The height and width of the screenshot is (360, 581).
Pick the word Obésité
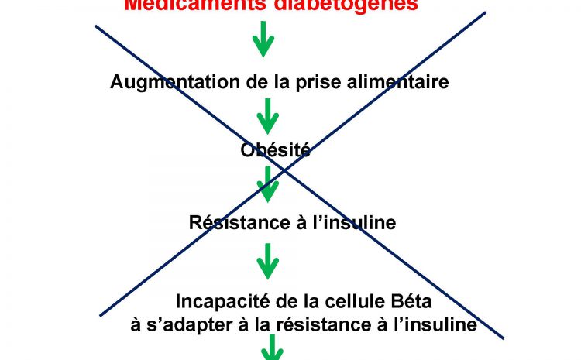(x=276, y=151)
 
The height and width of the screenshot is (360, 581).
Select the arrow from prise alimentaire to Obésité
(x=267, y=116)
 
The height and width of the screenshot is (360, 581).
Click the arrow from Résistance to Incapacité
(x=268, y=261)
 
